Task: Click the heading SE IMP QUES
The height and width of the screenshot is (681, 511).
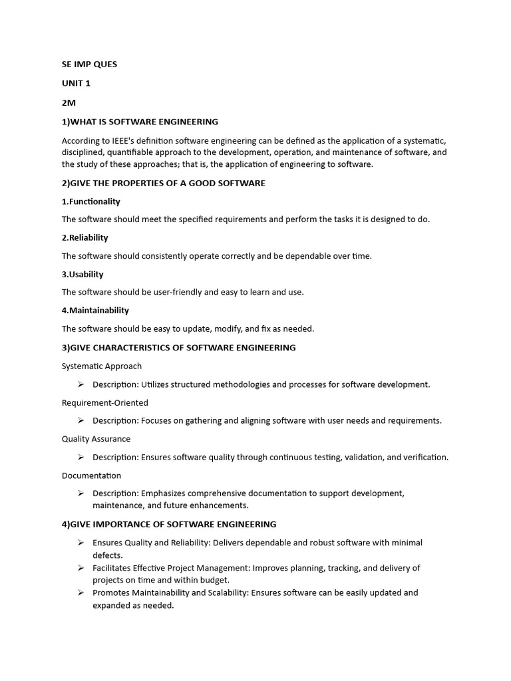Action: pyautogui.click(x=89, y=65)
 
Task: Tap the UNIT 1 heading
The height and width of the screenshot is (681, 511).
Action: pyautogui.click(x=76, y=83)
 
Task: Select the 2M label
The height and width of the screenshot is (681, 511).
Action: pyautogui.click(x=69, y=102)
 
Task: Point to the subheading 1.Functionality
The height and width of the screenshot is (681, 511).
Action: pyautogui.click(x=91, y=202)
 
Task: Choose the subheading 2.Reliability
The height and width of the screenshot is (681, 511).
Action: pyautogui.click(x=85, y=237)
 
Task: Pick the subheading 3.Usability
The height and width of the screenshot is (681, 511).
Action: pyautogui.click(x=83, y=274)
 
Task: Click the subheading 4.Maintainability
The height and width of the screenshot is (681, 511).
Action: pyautogui.click(x=95, y=310)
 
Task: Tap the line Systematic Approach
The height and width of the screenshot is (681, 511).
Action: pyautogui.click(x=102, y=366)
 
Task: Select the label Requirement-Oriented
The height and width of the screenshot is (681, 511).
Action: pyautogui.click(x=105, y=402)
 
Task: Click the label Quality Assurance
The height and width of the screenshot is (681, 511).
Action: pyautogui.click(x=96, y=439)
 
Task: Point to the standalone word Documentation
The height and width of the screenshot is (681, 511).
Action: pyautogui.click(x=91, y=476)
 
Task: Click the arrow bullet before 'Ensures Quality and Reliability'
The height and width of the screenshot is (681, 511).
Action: pyautogui.click(x=80, y=543)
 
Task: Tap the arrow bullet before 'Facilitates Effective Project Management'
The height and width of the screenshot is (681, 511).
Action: pyautogui.click(x=80, y=568)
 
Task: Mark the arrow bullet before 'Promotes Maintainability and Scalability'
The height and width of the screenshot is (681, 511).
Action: pyautogui.click(x=80, y=593)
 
